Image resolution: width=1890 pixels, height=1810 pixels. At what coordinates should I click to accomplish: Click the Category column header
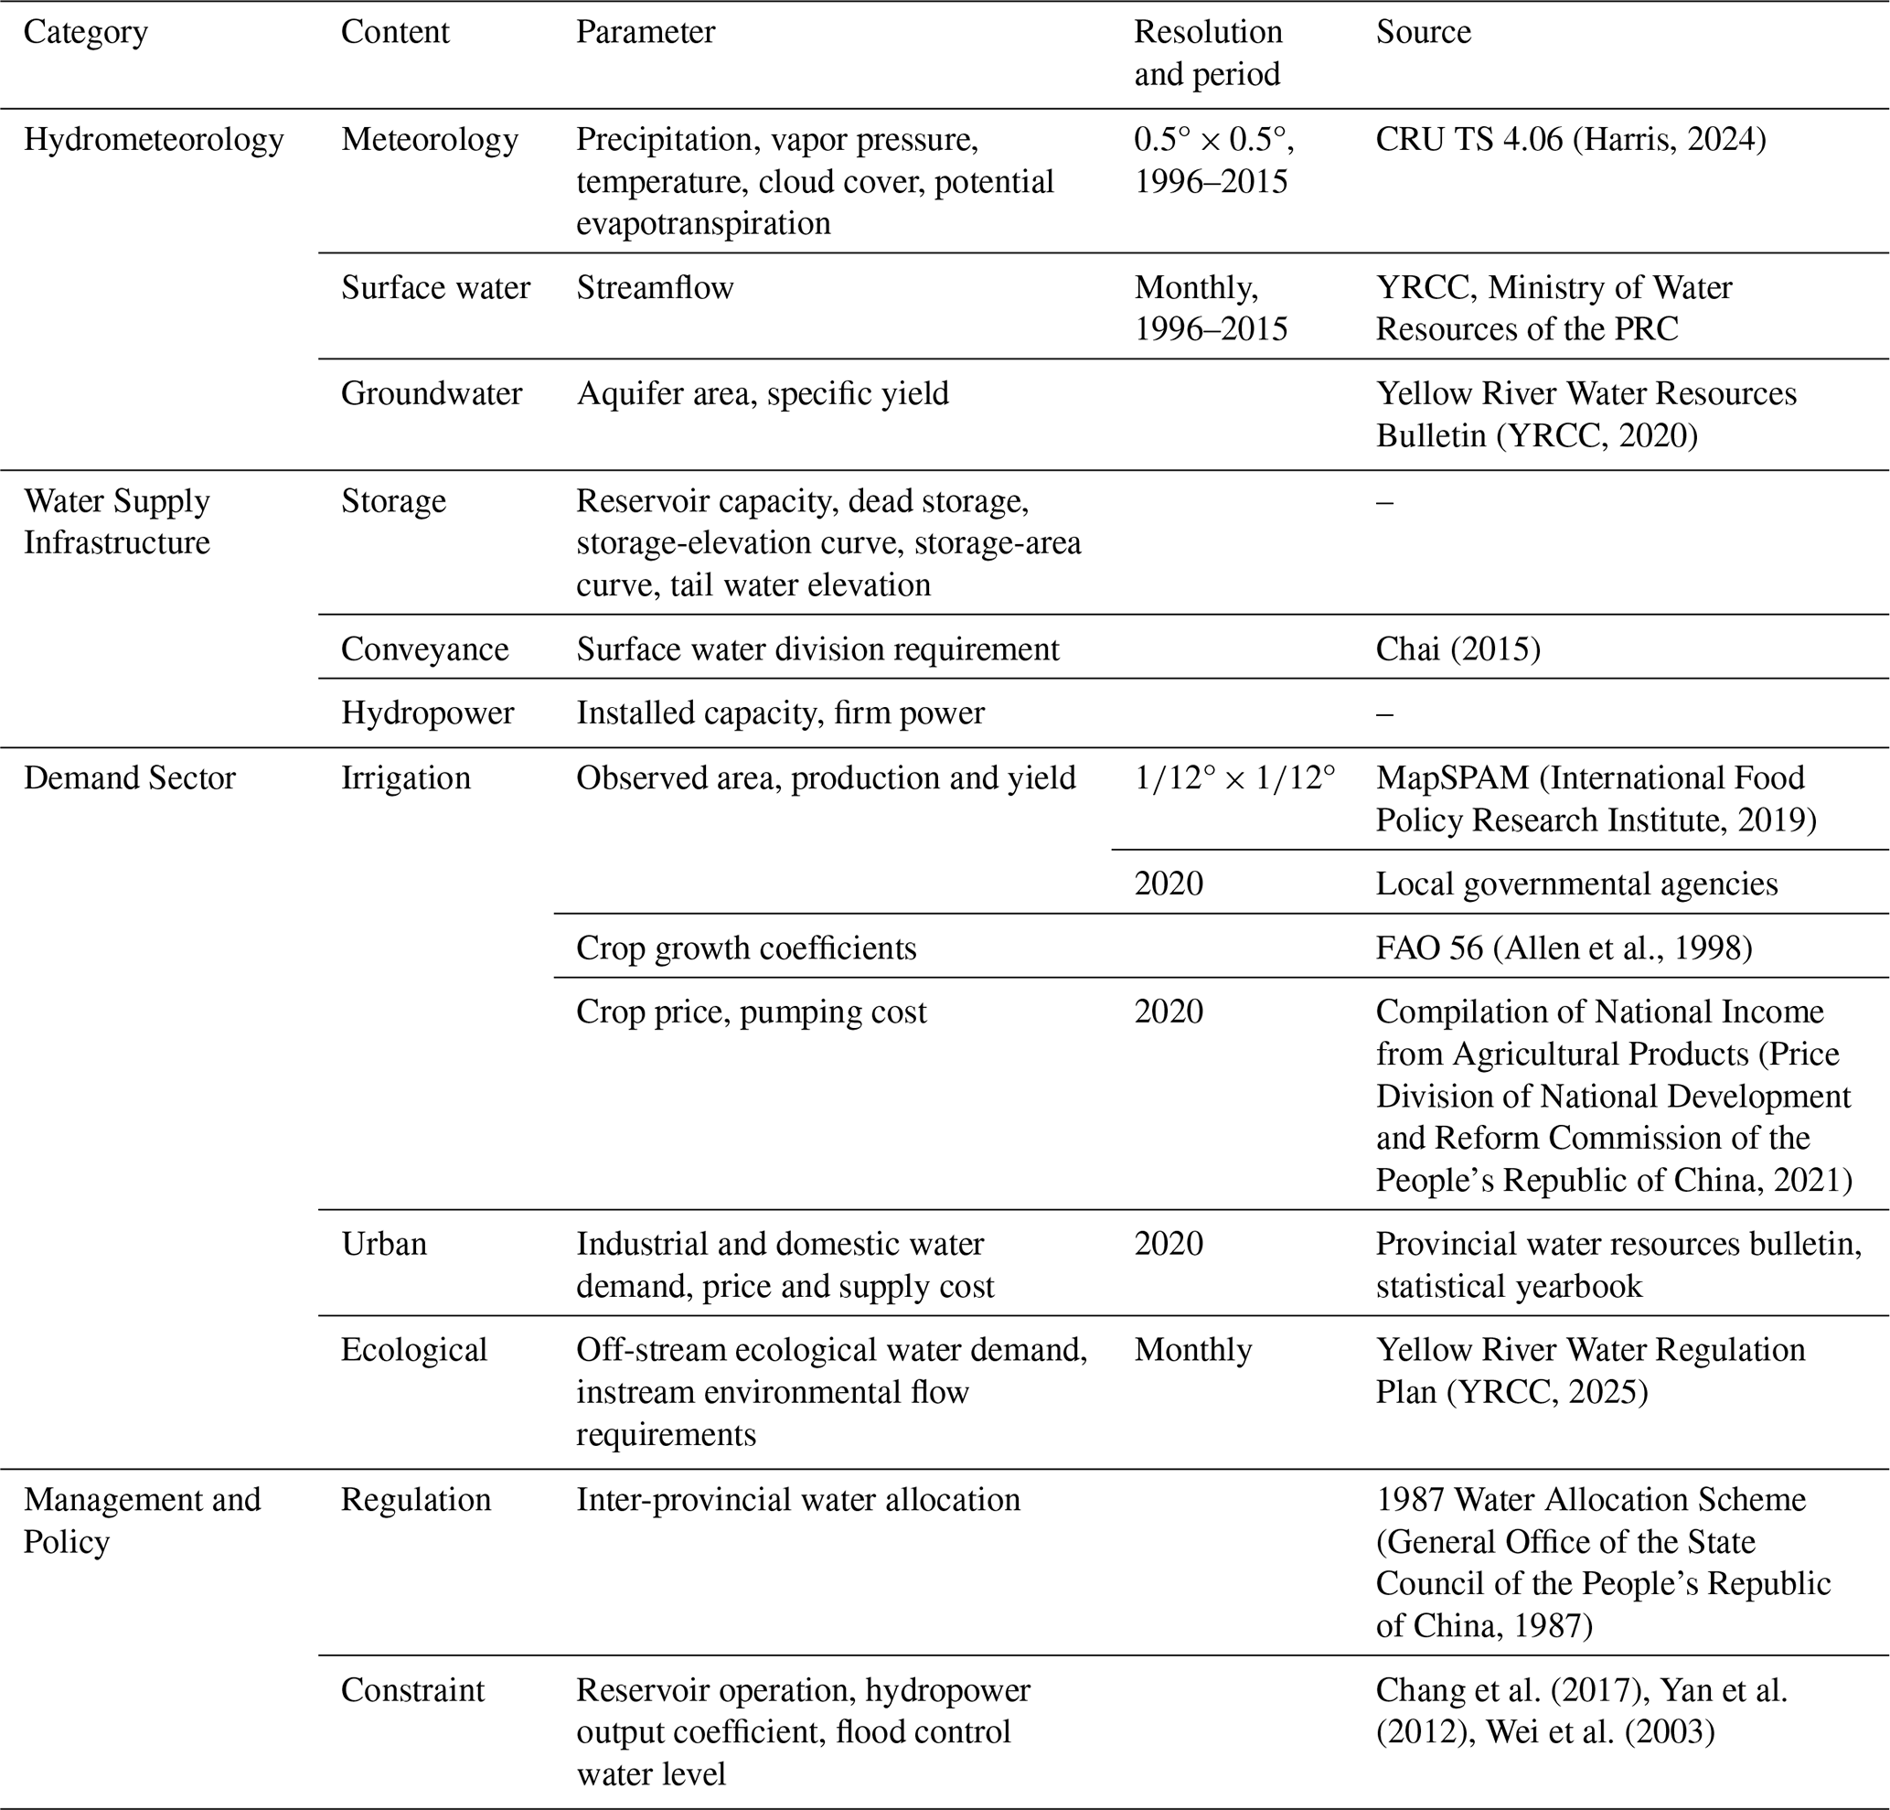pos(86,33)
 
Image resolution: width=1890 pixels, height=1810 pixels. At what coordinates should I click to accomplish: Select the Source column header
pos(1423,33)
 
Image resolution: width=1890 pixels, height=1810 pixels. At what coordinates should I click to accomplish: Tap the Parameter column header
pos(646,33)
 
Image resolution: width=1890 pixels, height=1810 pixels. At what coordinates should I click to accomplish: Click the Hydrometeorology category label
pos(154,141)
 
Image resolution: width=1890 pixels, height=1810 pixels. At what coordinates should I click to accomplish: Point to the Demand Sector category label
pos(129,778)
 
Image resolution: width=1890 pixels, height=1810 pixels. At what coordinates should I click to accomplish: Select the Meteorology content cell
pos(429,141)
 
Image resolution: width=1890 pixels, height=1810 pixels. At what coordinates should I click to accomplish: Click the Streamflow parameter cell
pos(655,287)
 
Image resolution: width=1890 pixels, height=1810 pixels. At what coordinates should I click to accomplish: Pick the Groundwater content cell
pos(431,393)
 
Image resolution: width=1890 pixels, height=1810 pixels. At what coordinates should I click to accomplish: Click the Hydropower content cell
pos(427,713)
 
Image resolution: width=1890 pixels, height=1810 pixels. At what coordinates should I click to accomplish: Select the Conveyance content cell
pos(424,649)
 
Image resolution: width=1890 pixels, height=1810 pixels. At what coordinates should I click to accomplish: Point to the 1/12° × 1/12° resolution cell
pos(1234,778)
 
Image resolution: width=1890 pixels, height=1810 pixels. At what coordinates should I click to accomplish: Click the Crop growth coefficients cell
pos(745,948)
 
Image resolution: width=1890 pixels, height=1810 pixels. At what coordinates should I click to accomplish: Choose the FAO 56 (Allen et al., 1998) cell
pos(1563,948)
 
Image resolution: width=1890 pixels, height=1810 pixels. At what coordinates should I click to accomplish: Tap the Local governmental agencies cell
pos(1575,884)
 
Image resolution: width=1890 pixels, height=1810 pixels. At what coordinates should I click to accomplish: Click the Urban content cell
pos(384,1244)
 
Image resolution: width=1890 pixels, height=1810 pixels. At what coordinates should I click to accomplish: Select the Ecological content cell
pos(413,1350)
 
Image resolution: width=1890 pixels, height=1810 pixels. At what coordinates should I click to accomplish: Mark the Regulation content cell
pos(416,1500)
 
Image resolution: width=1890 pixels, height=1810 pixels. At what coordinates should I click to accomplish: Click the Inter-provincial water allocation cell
pos(797,1500)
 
